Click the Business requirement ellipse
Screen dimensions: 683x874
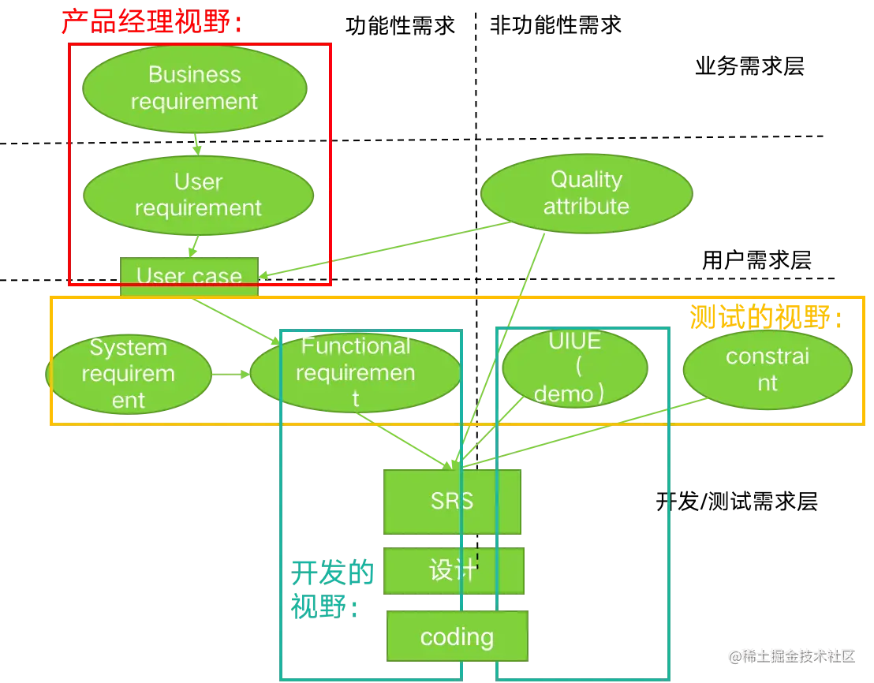coord(194,88)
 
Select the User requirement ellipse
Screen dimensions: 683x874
coord(198,195)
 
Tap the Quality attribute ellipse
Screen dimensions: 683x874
coord(586,193)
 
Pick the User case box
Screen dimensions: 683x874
coord(189,275)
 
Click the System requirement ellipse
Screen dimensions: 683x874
coord(129,374)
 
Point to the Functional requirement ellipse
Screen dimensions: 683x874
coord(355,372)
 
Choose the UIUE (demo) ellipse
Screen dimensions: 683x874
coord(575,368)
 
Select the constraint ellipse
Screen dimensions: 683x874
coord(767,369)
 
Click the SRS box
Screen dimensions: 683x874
coord(452,502)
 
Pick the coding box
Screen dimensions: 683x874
coord(457,636)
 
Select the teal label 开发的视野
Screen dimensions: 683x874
coord(331,588)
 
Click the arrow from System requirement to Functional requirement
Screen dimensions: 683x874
coord(230,375)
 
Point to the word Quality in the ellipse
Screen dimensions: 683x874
coord(586,180)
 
